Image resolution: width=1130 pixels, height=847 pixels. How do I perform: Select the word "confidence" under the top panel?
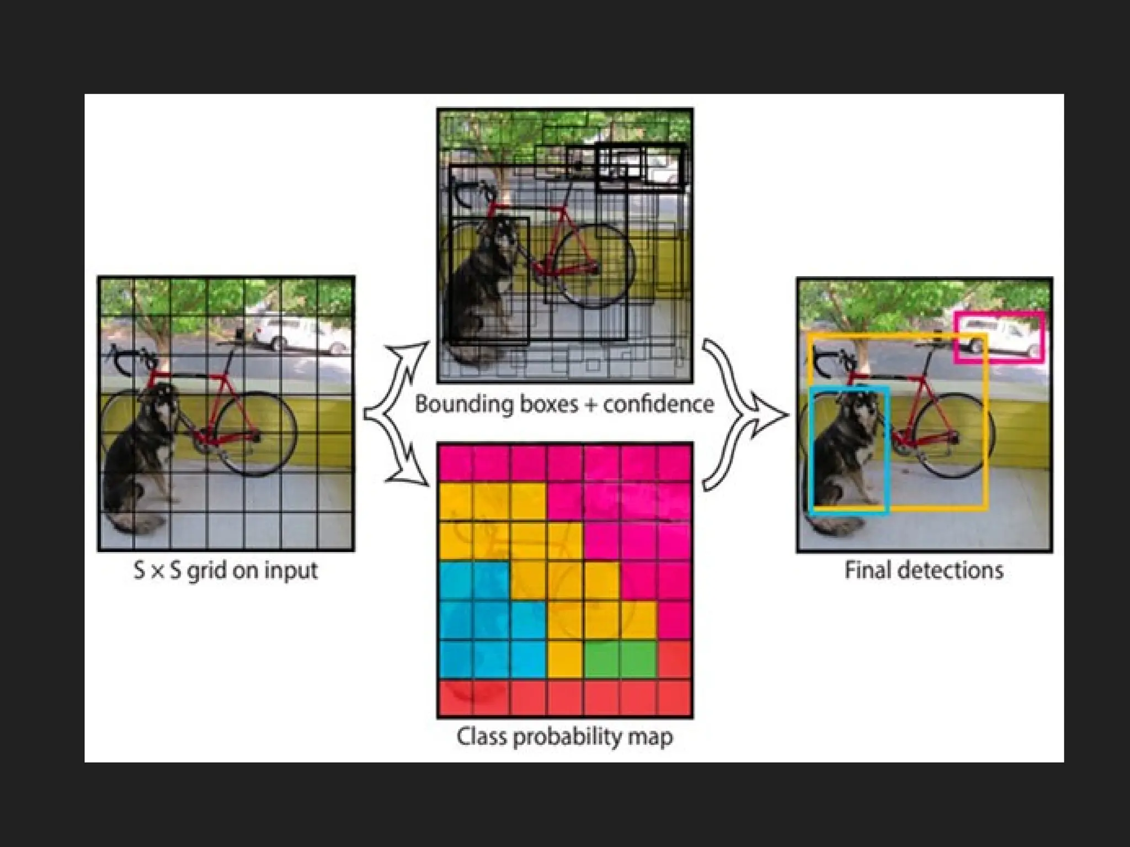[658, 405]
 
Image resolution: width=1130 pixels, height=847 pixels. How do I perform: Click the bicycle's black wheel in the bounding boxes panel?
[593, 266]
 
